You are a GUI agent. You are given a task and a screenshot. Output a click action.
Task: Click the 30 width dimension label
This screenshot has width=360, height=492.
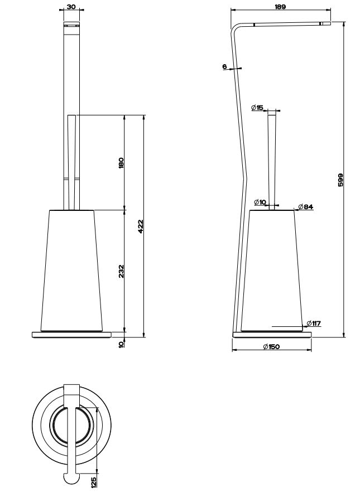click(x=71, y=6)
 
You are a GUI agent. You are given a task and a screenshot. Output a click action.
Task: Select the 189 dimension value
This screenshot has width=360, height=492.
click(x=280, y=6)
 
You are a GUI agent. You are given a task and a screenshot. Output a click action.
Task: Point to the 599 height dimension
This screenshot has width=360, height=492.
click(x=340, y=180)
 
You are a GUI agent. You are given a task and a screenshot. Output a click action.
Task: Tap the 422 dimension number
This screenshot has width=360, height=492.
click(x=140, y=226)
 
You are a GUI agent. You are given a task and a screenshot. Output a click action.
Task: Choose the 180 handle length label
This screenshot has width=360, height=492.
click(x=122, y=163)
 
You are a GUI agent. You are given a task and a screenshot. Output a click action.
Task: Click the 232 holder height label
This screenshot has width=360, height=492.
click(x=122, y=272)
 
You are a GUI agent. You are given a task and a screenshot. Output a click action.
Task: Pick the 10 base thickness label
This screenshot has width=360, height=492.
click(x=122, y=344)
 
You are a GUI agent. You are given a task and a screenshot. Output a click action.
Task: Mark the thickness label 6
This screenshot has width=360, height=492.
click(x=224, y=66)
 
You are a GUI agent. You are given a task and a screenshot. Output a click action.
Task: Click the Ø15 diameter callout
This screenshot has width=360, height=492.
click(x=257, y=108)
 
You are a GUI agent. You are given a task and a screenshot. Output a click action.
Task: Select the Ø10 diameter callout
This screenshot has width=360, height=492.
click(x=260, y=202)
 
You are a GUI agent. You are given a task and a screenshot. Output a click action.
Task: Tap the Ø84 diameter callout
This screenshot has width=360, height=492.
click(x=306, y=207)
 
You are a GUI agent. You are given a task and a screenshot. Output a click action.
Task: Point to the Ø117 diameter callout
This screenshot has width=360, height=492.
click(x=314, y=323)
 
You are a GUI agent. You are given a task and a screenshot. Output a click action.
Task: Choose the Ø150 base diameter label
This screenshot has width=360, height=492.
click(x=271, y=347)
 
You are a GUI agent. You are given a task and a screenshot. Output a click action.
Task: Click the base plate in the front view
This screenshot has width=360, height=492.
click(x=72, y=334)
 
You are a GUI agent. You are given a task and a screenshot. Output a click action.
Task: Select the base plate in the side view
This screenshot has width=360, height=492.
click(x=272, y=334)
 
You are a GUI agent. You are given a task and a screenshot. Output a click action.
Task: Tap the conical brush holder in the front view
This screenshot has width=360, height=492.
click(x=72, y=271)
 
